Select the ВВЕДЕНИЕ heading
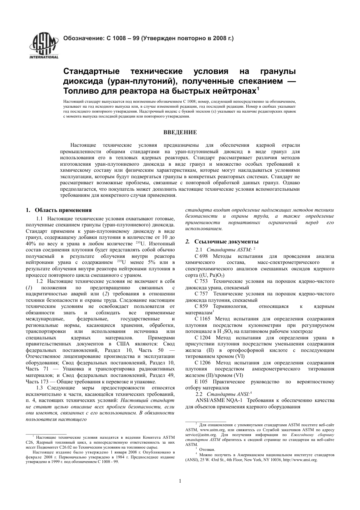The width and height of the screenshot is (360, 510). pos(180,132)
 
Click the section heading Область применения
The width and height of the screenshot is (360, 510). pos(63,210)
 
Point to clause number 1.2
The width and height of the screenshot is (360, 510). pos(40,281)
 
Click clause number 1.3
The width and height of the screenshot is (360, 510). pos(40,388)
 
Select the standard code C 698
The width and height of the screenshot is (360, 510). pos(201,256)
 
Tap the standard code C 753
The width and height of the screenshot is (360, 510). pos(201,281)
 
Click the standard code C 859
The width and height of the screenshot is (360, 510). pos(201,306)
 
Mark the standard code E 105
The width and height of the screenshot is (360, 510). pos(201,381)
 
